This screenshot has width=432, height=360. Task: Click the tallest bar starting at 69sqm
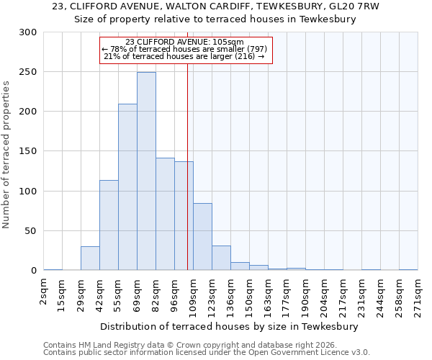[146, 171]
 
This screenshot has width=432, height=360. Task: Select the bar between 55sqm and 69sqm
[127, 187]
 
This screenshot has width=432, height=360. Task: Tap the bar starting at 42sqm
[109, 225]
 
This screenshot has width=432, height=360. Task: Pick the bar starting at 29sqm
[90, 258]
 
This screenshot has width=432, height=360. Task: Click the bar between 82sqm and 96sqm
[165, 214]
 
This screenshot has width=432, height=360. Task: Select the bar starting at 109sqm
[202, 237]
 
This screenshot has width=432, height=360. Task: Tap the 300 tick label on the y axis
[28, 32]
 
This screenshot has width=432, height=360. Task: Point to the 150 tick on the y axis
[28, 151]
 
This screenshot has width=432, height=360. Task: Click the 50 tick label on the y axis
[31, 231]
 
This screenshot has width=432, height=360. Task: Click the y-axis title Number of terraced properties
[7, 154]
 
